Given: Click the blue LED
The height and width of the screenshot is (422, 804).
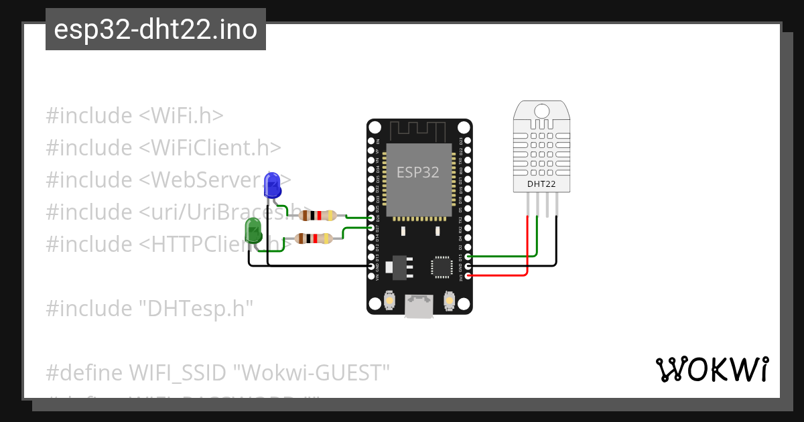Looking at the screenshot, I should tap(272, 185).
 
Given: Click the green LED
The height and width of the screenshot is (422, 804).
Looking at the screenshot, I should tap(254, 230).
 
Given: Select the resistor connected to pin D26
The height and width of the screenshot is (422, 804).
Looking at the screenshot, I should tap(318, 215).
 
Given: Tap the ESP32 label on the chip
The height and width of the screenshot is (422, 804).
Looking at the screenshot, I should tap(418, 172).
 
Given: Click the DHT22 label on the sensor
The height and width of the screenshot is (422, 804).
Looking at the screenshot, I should tap(541, 184).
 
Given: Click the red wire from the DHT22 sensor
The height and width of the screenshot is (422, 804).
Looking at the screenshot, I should tap(527, 248).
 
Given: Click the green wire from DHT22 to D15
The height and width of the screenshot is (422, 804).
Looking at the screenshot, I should tap(537, 241).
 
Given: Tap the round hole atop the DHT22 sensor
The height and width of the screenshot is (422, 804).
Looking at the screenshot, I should tap(541, 109).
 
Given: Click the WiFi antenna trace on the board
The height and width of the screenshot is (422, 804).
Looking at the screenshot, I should tap(419, 129).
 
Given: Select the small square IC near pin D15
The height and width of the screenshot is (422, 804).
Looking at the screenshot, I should tap(442, 266).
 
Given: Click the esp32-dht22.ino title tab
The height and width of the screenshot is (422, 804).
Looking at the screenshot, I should tap(155, 29).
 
